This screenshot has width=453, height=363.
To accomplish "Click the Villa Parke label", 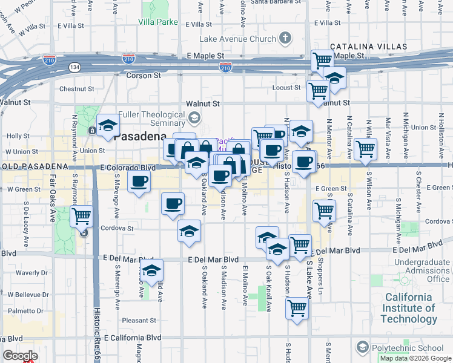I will pos(158,22).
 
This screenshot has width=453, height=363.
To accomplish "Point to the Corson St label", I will pos(144,76).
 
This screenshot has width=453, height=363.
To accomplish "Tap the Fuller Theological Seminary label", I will pos(151,118).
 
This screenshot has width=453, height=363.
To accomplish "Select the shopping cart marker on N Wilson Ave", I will pos(365,148).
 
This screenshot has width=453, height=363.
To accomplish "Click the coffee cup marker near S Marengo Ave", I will pos(139,181).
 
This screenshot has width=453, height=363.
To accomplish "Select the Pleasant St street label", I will pos(139,320).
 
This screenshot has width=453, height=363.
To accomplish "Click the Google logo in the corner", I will pos(20,356).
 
